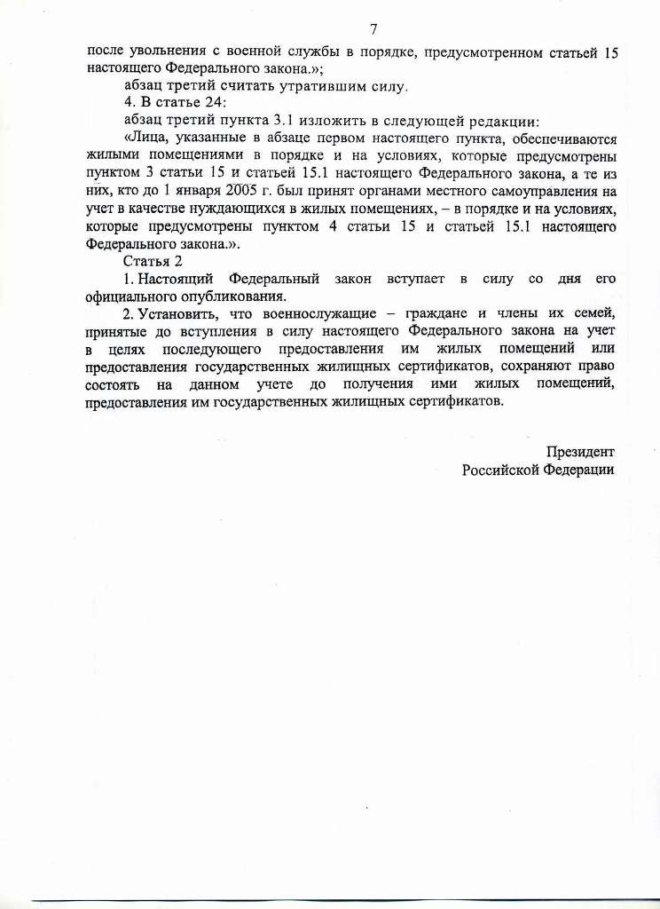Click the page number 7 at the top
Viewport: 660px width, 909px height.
pyautogui.click(x=373, y=28)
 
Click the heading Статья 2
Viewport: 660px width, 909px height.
pyautogui.click(x=153, y=260)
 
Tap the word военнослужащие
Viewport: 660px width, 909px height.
pyautogui.click(x=313, y=312)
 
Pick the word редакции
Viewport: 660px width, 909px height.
pyautogui.click(x=514, y=122)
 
